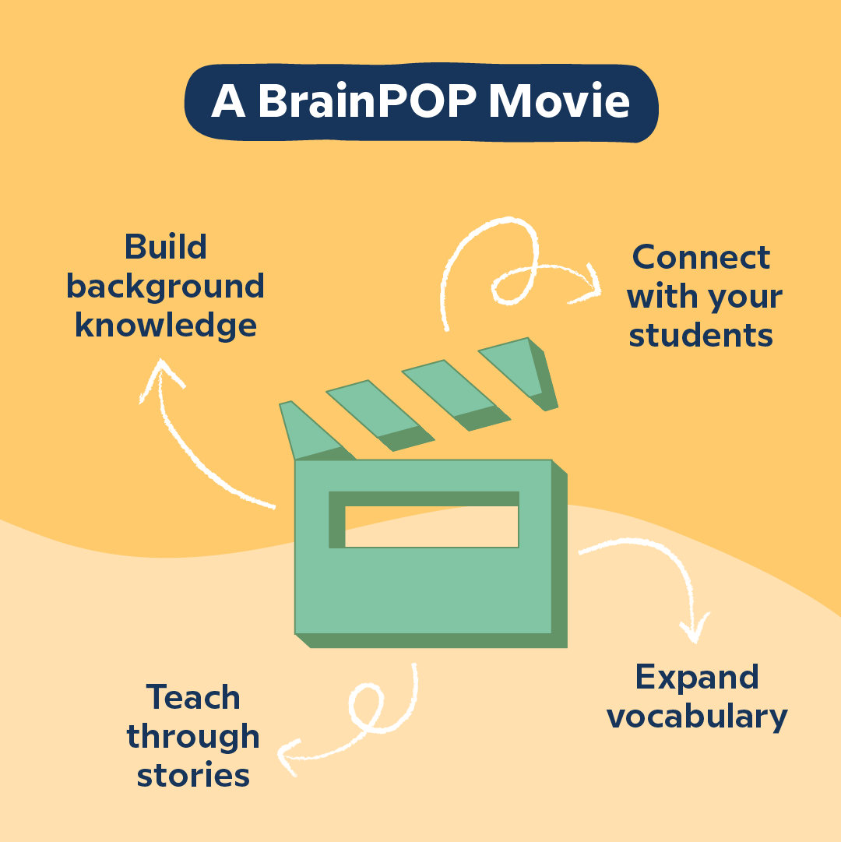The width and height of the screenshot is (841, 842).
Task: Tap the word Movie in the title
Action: tap(559, 102)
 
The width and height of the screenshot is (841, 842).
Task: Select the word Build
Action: tap(165, 248)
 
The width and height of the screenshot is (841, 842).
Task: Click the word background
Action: tap(165, 287)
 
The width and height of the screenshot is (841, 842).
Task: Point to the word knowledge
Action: tap(165, 325)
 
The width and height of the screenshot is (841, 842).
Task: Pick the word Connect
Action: tap(701, 258)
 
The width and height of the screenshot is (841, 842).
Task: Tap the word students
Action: tap(701, 335)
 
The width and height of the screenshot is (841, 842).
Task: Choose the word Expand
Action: tap(697, 678)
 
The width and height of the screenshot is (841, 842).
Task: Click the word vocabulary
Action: tap(697, 716)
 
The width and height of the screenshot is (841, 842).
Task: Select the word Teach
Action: tap(193, 697)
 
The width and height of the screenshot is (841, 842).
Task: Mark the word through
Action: tap(193, 736)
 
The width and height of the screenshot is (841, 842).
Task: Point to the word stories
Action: tap(193, 776)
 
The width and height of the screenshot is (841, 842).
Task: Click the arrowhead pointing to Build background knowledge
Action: tap(161, 374)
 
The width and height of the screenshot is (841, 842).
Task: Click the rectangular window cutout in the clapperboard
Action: tap(431, 527)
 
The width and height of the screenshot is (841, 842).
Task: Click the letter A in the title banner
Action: tap(227, 102)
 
